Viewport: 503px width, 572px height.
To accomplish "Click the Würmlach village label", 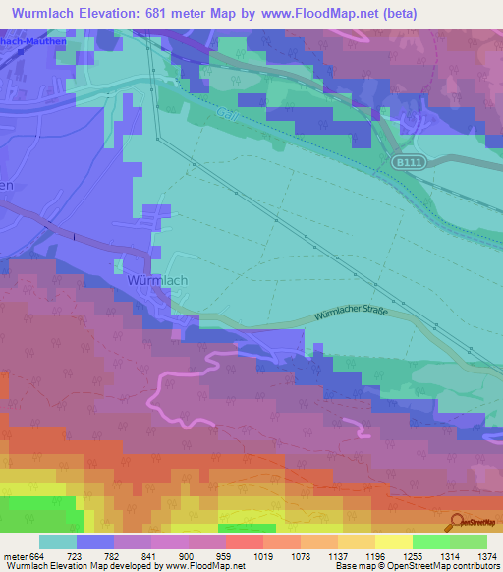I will [x=157, y=280].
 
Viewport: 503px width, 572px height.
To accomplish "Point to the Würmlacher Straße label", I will [x=351, y=314].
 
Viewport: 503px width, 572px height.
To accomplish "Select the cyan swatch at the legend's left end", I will [x=58, y=542].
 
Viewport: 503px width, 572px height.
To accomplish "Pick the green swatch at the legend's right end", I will [x=469, y=542].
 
